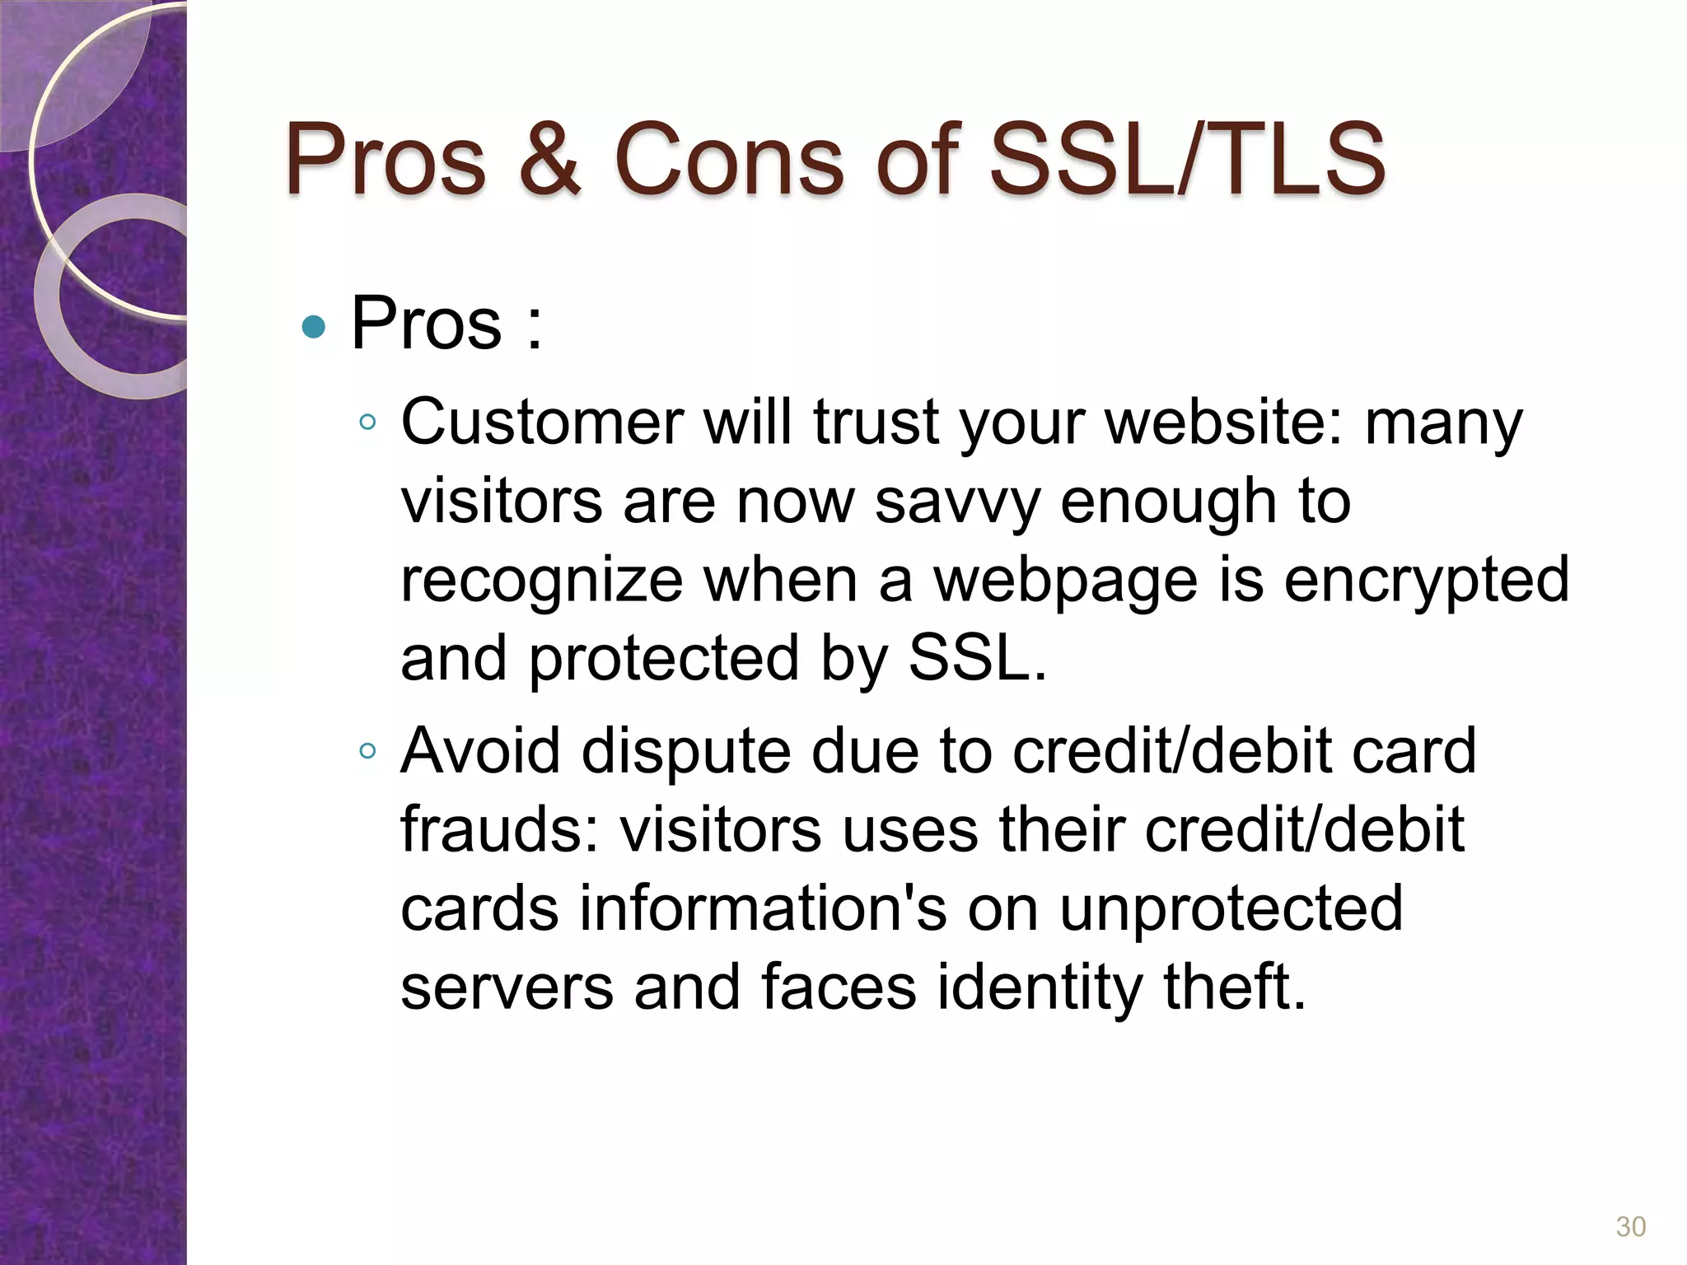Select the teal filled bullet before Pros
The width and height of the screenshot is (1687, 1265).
coord(314,327)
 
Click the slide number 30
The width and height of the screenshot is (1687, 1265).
coord(1630,1227)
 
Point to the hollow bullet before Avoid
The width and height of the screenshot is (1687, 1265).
coord(368,751)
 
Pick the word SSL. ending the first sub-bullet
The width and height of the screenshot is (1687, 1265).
coord(977,659)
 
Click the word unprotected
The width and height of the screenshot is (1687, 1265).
coord(1231,908)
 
